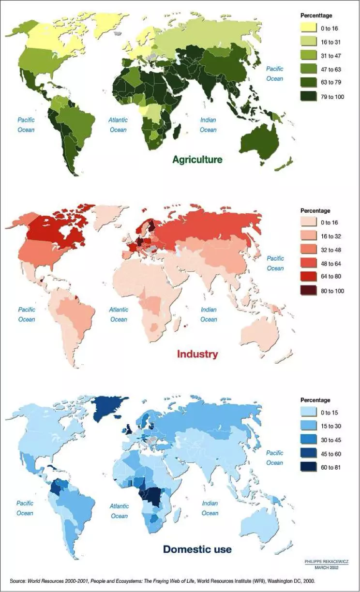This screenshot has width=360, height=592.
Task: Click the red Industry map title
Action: coord(197,354)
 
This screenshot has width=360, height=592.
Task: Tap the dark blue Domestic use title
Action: coord(197,549)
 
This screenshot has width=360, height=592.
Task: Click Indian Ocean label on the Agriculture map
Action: coord(208,125)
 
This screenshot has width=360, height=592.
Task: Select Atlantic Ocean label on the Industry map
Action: coord(119,314)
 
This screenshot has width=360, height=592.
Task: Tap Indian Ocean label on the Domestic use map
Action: coord(210,508)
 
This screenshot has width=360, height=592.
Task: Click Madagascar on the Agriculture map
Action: coord(177,131)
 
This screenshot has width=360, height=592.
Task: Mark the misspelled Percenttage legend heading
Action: coord(316,15)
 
